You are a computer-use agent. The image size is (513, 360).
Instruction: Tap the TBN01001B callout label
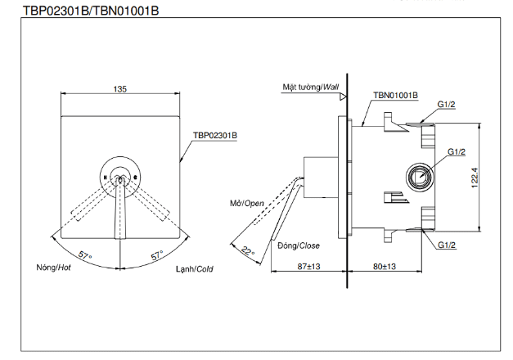(x=395, y=95)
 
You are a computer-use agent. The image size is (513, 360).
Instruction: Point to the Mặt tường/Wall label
(x=310, y=86)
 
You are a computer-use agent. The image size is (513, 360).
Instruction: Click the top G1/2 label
(x=446, y=106)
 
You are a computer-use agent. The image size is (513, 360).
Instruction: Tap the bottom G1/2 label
(x=446, y=245)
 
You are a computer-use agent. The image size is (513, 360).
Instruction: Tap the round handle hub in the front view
(x=120, y=174)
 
